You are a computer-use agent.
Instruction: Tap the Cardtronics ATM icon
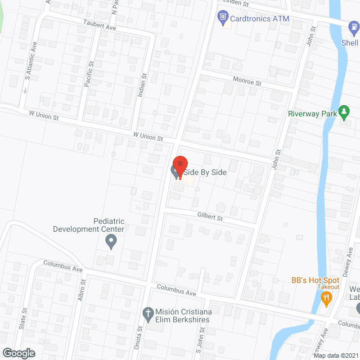223,18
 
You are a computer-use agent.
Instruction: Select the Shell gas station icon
353,26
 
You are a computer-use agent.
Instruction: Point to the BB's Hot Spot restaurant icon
326,299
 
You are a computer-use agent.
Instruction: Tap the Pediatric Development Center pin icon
111,242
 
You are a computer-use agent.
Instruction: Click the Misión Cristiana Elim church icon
148,312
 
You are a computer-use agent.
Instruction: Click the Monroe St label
248,82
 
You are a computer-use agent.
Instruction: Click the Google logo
18,353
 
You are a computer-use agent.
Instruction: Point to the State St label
24,318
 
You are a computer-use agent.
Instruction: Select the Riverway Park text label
312,114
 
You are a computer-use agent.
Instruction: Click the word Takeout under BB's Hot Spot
327,287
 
